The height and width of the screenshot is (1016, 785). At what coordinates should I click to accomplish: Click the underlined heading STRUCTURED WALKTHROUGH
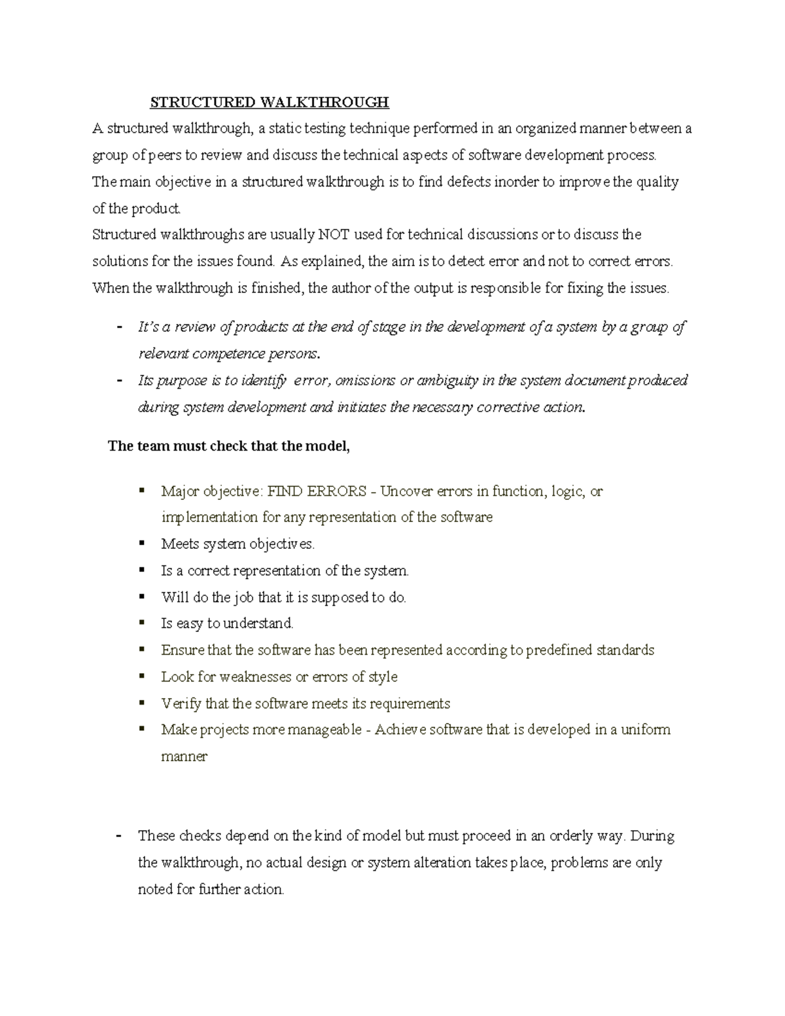coord(270,102)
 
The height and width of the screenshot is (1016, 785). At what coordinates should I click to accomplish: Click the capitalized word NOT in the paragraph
coord(332,235)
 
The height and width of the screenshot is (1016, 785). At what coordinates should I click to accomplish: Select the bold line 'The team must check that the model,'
coord(229,447)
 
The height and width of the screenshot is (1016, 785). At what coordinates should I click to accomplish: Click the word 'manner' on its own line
coord(184,757)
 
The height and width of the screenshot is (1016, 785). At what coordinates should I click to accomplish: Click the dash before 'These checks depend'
coord(118,836)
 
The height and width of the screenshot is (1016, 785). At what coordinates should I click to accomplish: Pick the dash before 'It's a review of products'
coord(118,327)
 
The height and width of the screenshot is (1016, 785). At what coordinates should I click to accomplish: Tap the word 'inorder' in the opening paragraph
coord(515,182)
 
